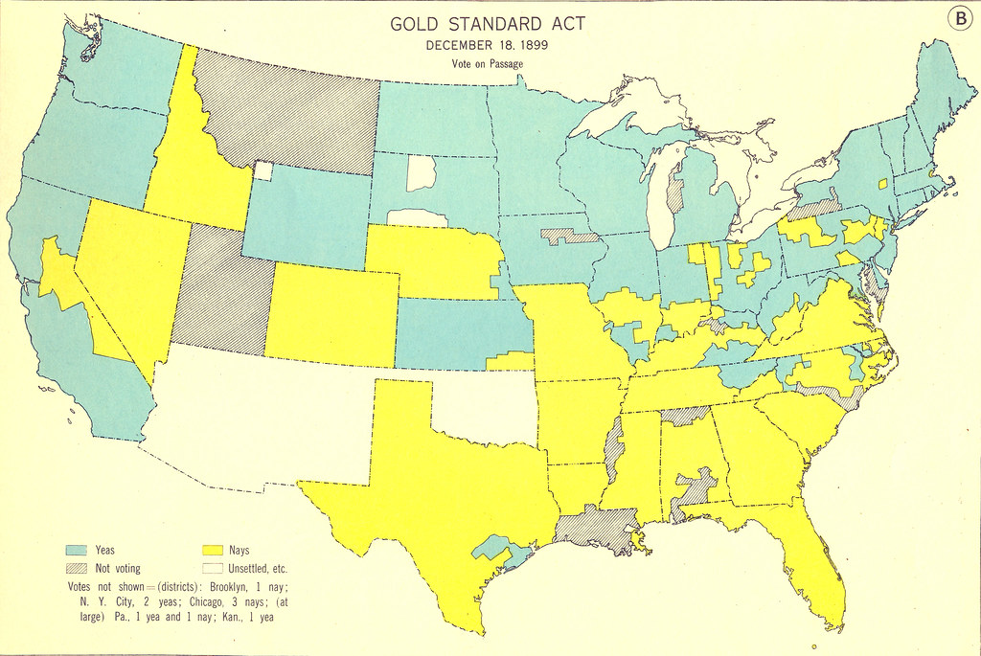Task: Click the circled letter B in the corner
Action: pos(960,18)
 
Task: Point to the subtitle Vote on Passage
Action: pos(488,63)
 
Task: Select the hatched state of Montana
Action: pos(287,115)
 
